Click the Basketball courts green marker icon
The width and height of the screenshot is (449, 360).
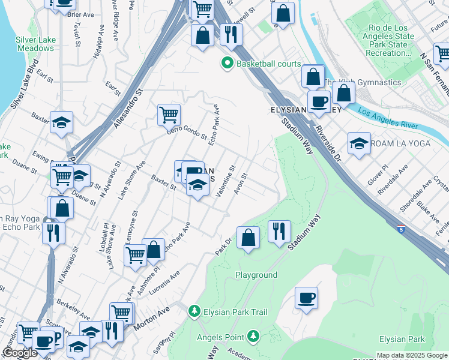pyautogui.click(x=228, y=63)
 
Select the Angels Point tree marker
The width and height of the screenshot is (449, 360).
pyautogui.click(x=254, y=336)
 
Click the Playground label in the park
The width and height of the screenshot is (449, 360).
pyautogui.click(x=256, y=275)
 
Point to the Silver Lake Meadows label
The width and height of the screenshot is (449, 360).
pyautogui.click(x=35, y=43)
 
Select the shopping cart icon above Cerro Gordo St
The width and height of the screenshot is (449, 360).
pyautogui.click(x=169, y=115)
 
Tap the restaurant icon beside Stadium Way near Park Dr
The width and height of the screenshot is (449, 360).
pyautogui.click(x=279, y=231)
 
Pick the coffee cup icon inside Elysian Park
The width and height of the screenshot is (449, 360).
pyautogui.click(x=306, y=298)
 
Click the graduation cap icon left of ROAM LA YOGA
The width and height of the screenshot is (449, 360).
pyautogui.click(x=359, y=143)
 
